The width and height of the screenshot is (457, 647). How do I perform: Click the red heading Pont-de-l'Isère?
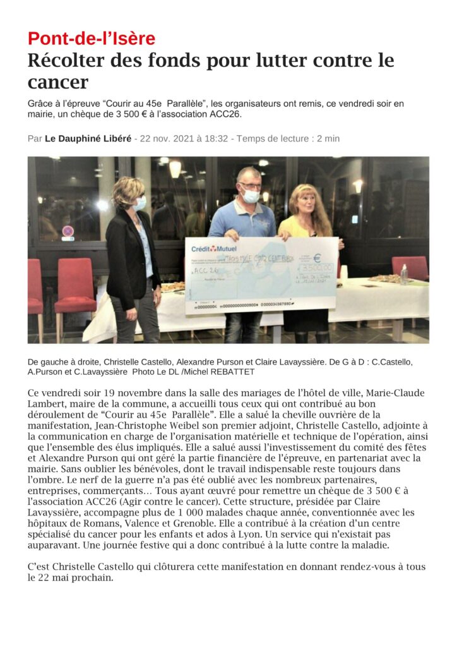pyautogui.click(x=92, y=39)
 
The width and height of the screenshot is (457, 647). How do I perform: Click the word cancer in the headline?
pyautogui.click(x=58, y=82)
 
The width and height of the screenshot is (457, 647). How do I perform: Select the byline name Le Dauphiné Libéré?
pyautogui.click(x=88, y=138)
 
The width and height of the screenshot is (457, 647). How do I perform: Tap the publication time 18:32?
pyautogui.click(x=215, y=138)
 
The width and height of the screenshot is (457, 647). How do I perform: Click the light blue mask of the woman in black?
pyautogui.click(x=140, y=203)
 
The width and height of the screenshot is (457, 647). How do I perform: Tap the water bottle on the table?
pyautogui.click(x=404, y=274)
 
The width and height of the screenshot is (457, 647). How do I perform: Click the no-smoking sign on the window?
pyautogui.click(x=68, y=231)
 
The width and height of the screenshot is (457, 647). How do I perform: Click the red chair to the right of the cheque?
pyautogui.click(x=410, y=267)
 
